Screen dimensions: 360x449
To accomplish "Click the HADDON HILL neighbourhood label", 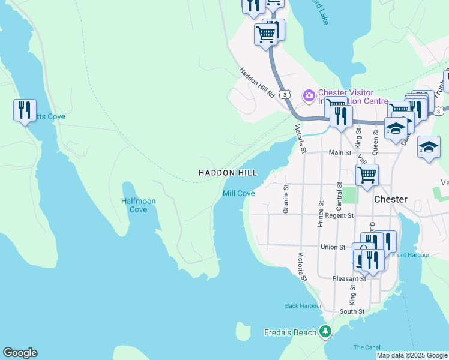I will click(x=228, y=173).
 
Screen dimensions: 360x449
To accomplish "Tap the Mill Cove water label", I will click(x=238, y=193).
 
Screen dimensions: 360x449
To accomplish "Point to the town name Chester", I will click(x=390, y=199).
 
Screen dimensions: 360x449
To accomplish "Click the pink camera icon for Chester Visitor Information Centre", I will click(x=309, y=95).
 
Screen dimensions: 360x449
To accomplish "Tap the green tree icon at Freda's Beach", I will click(x=325, y=331).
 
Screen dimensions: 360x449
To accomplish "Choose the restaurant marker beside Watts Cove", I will click(x=25, y=110).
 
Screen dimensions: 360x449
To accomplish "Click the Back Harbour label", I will click(x=303, y=306).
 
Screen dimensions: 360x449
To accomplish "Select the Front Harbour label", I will click(x=411, y=255).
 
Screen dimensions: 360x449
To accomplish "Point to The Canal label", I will click(x=367, y=347).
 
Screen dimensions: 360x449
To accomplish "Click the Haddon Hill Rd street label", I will click(x=257, y=82).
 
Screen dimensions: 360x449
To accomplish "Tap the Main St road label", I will click(x=340, y=153).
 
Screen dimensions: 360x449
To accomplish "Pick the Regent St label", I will click(x=340, y=215).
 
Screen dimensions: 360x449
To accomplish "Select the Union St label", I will click(x=333, y=247).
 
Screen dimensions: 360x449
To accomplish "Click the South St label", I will click(x=352, y=311).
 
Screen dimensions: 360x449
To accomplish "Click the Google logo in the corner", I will click(x=20, y=353).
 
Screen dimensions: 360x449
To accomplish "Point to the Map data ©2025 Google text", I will click(x=411, y=355).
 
